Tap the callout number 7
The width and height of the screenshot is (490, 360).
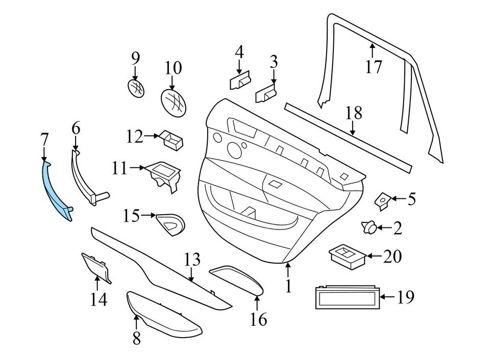[44, 139]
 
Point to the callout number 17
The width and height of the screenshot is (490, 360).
[374, 66]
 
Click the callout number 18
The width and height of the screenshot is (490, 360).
[354, 113]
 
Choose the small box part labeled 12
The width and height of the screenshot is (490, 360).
[173, 139]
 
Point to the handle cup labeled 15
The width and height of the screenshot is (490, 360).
[170, 222]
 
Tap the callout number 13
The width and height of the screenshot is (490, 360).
[192, 260]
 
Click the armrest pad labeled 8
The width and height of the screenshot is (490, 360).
[163, 315]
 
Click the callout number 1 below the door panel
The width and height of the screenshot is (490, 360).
[288, 286]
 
